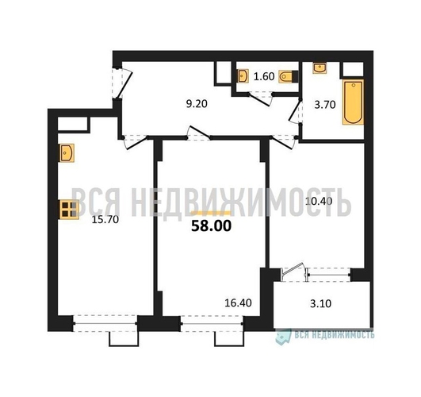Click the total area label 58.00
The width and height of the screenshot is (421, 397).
click(211, 226)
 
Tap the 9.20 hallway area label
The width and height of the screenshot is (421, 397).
click(197, 103)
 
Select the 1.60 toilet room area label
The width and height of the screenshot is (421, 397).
click(264, 77)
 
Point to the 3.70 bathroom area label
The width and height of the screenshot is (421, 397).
click(325, 105)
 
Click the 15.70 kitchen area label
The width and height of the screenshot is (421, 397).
click(105, 220)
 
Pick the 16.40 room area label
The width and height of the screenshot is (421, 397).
click(238, 303)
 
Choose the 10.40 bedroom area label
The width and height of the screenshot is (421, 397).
click(319, 201)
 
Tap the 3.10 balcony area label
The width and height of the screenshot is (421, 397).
click(320, 303)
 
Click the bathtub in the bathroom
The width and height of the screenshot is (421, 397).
click(353, 102)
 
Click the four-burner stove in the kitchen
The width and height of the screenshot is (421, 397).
click(68, 210)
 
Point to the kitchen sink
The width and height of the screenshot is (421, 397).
click(67, 153)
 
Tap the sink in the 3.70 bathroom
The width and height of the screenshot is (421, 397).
click(320, 67)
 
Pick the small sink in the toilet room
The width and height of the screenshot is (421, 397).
click(243, 76)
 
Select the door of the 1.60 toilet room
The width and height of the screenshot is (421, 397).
click(259, 99)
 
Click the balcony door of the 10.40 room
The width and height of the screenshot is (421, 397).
click(293, 272)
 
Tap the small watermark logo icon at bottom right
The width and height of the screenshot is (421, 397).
click(284, 336)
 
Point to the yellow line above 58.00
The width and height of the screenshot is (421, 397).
click(211, 213)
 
